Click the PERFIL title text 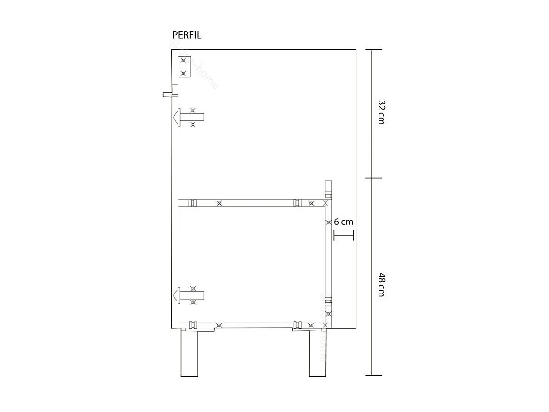pyautogui.click(x=187, y=35)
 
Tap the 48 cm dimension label pyautogui.click(x=381, y=285)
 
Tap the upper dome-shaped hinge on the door pyautogui.click(x=177, y=117)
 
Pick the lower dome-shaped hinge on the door pyautogui.click(x=177, y=296)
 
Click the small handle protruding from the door pyautogui.click(x=168, y=95)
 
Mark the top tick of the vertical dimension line pyautogui.click(x=372, y=50)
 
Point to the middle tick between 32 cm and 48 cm pyautogui.click(x=372, y=178)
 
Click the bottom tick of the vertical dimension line pyautogui.click(x=372, y=375)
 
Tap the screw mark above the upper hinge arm pyautogui.click(x=193, y=111)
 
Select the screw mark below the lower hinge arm pyautogui.click(x=193, y=302)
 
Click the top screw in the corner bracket pyautogui.click(x=183, y=61)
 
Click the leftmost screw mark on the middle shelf pyautogui.click(x=219, y=203)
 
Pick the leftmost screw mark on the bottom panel pyautogui.click(x=218, y=325)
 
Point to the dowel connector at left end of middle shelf pyautogui.click(x=192, y=203)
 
